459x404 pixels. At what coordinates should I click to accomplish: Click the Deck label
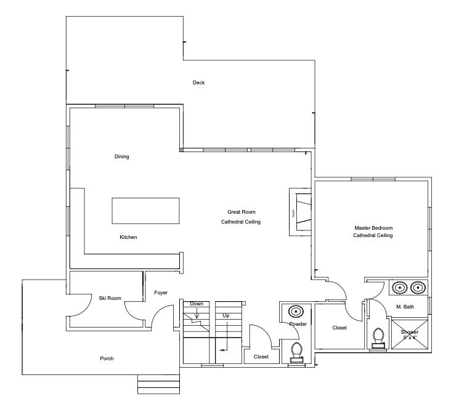(198, 83)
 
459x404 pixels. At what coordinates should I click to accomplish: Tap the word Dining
(122, 156)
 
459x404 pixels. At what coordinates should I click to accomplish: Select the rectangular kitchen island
(145, 211)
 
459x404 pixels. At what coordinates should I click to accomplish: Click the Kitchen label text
(128, 237)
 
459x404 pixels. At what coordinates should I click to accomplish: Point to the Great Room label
(241, 211)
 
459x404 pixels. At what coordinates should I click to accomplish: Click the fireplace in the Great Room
(300, 211)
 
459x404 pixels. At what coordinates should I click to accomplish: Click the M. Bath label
(404, 307)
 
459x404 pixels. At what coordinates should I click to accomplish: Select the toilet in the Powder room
(296, 352)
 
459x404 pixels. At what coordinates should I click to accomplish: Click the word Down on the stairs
(197, 304)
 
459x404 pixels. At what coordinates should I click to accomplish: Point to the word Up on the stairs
(226, 315)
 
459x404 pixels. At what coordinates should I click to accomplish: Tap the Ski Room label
(110, 298)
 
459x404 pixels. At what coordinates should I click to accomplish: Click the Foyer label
(161, 293)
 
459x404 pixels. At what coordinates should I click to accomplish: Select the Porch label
(107, 358)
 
